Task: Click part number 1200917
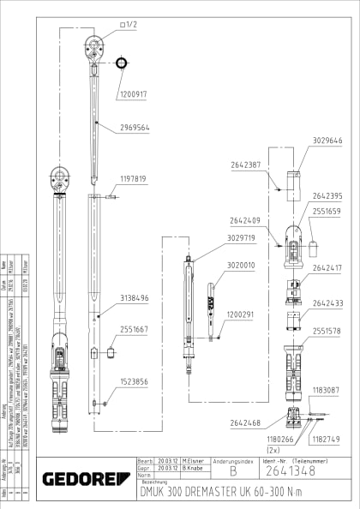pos(133,94)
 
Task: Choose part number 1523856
pos(134,381)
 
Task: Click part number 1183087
pos(327,391)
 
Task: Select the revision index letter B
pos(221,470)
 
